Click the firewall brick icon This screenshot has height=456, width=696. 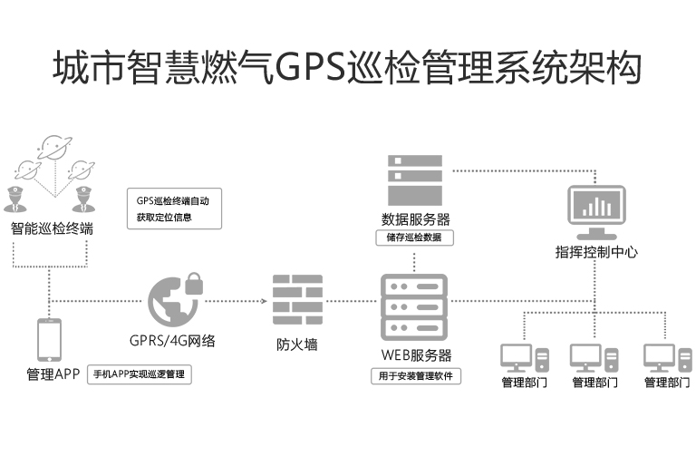(296, 300)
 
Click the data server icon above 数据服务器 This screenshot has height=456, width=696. (414, 179)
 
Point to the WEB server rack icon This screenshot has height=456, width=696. (413, 306)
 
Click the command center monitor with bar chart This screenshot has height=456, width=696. (595, 208)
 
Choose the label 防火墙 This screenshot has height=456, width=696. (296, 344)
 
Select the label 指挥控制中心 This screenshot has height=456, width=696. (596, 252)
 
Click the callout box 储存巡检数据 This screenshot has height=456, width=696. (414, 238)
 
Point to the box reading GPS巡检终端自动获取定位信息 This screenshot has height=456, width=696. (178, 209)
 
